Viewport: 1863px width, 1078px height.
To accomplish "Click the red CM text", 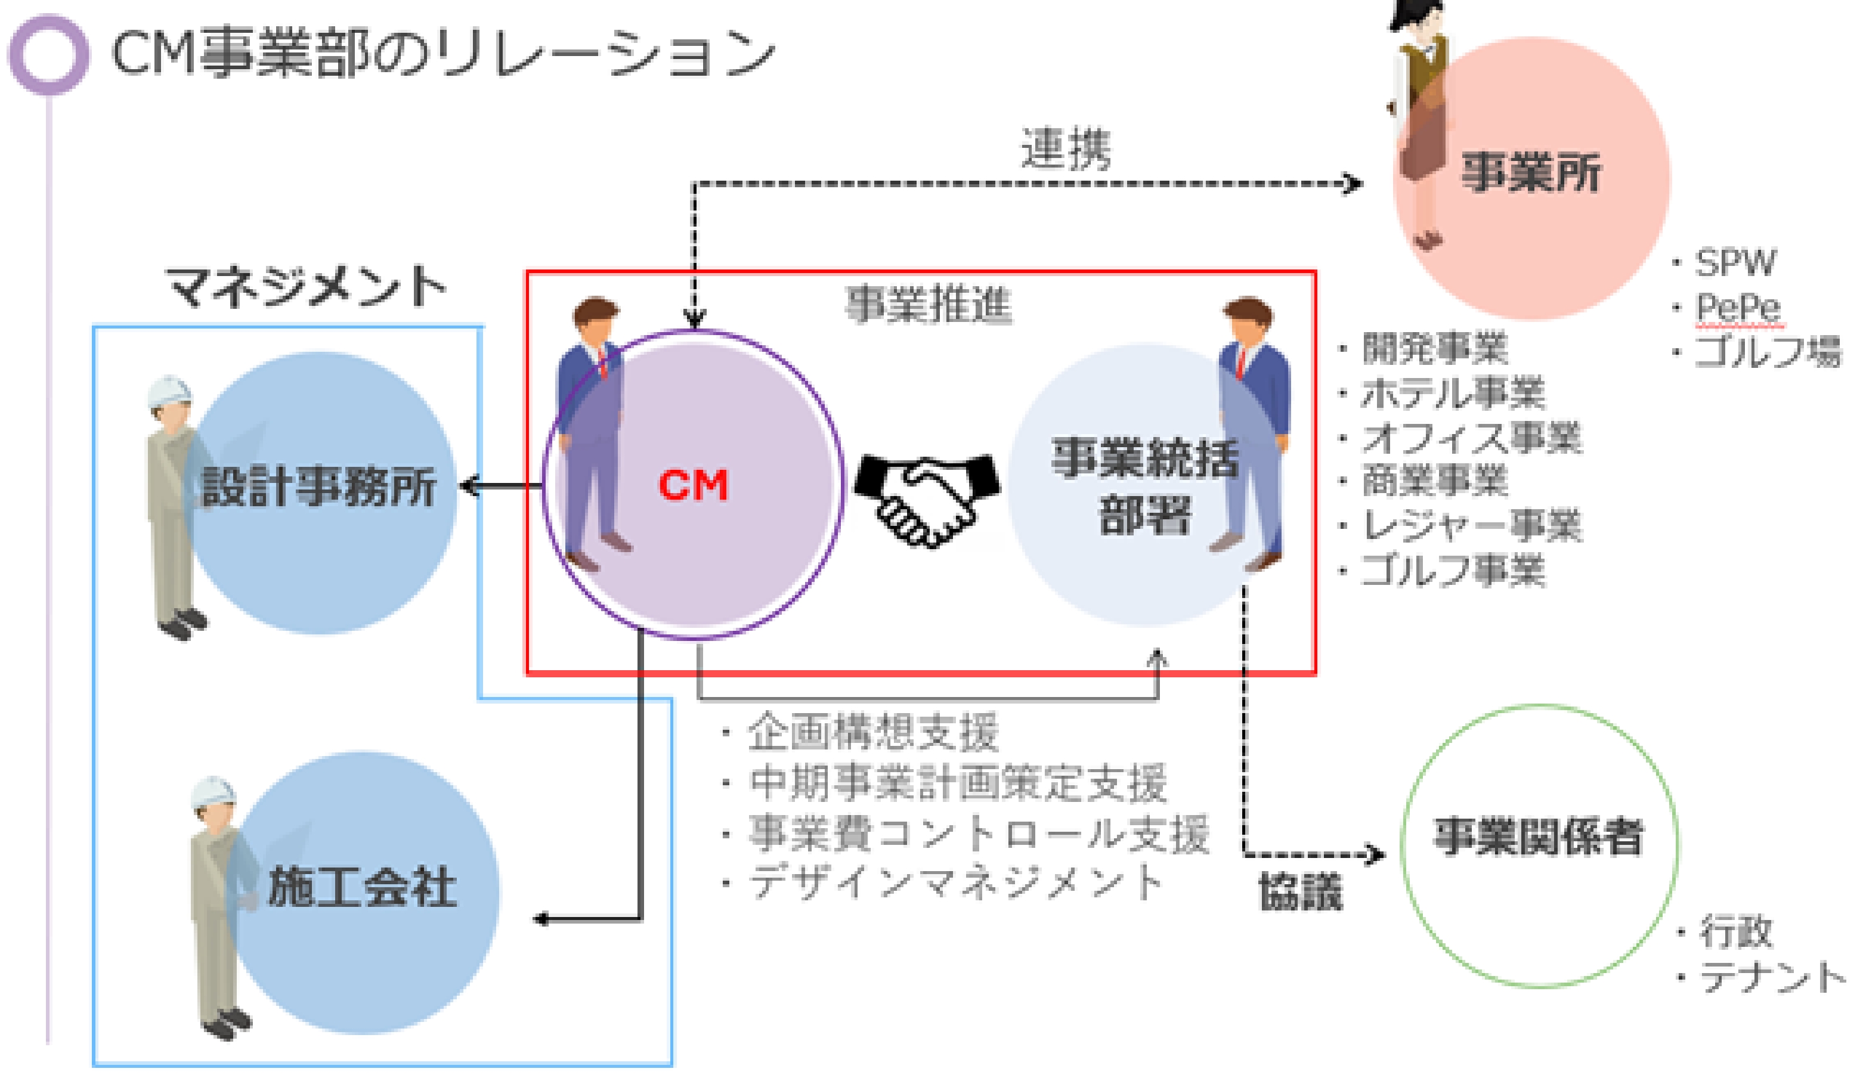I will coord(693,486).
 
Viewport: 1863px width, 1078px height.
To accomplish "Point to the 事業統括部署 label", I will coord(1144,486).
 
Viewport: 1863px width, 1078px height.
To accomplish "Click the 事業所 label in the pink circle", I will coord(1530,173).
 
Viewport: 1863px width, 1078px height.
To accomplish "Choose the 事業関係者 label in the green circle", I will coord(1539,837).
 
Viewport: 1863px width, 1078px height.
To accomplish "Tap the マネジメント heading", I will coord(306,287).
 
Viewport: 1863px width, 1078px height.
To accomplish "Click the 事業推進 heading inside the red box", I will coord(929,305).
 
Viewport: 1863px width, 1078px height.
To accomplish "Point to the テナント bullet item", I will coord(1771,977).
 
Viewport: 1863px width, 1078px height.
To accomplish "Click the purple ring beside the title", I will coord(49,55).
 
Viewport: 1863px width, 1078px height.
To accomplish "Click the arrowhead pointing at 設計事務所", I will coord(468,486).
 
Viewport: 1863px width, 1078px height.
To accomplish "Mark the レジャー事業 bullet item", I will coord(1471,526).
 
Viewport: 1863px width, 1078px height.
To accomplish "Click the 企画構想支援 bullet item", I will coord(872,732).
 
